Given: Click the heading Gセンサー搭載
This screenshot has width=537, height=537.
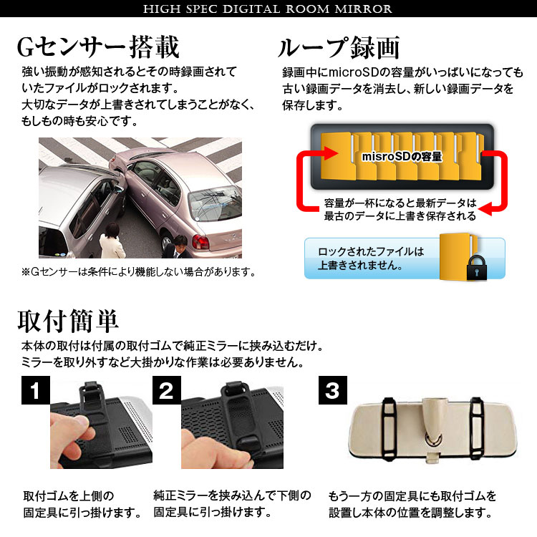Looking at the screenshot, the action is [x=98, y=47].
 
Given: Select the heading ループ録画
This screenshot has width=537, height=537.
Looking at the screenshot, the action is [x=339, y=47].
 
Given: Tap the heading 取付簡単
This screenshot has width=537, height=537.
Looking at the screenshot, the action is [x=68, y=321].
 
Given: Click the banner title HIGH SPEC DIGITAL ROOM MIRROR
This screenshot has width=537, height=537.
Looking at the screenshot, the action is [x=268, y=9].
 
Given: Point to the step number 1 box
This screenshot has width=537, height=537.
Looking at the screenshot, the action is [x=36, y=390].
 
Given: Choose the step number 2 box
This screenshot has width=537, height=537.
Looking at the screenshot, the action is [x=167, y=390].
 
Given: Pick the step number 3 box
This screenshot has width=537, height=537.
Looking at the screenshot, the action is [x=333, y=390].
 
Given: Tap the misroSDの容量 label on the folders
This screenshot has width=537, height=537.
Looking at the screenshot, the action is [x=402, y=157].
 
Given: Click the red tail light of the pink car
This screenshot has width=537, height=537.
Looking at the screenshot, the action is [x=200, y=241].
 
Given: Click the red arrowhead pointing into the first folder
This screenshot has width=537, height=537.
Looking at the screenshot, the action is [x=330, y=153].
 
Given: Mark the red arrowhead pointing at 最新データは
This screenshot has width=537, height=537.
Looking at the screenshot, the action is [x=485, y=208].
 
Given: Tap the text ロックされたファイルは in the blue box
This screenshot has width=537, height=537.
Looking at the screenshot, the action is [x=371, y=252].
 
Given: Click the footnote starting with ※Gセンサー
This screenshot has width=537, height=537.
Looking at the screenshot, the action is [x=139, y=272].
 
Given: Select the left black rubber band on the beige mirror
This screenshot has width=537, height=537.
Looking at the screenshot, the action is [x=389, y=428].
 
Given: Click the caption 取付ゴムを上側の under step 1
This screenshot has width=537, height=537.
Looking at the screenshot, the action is [x=69, y=495].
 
